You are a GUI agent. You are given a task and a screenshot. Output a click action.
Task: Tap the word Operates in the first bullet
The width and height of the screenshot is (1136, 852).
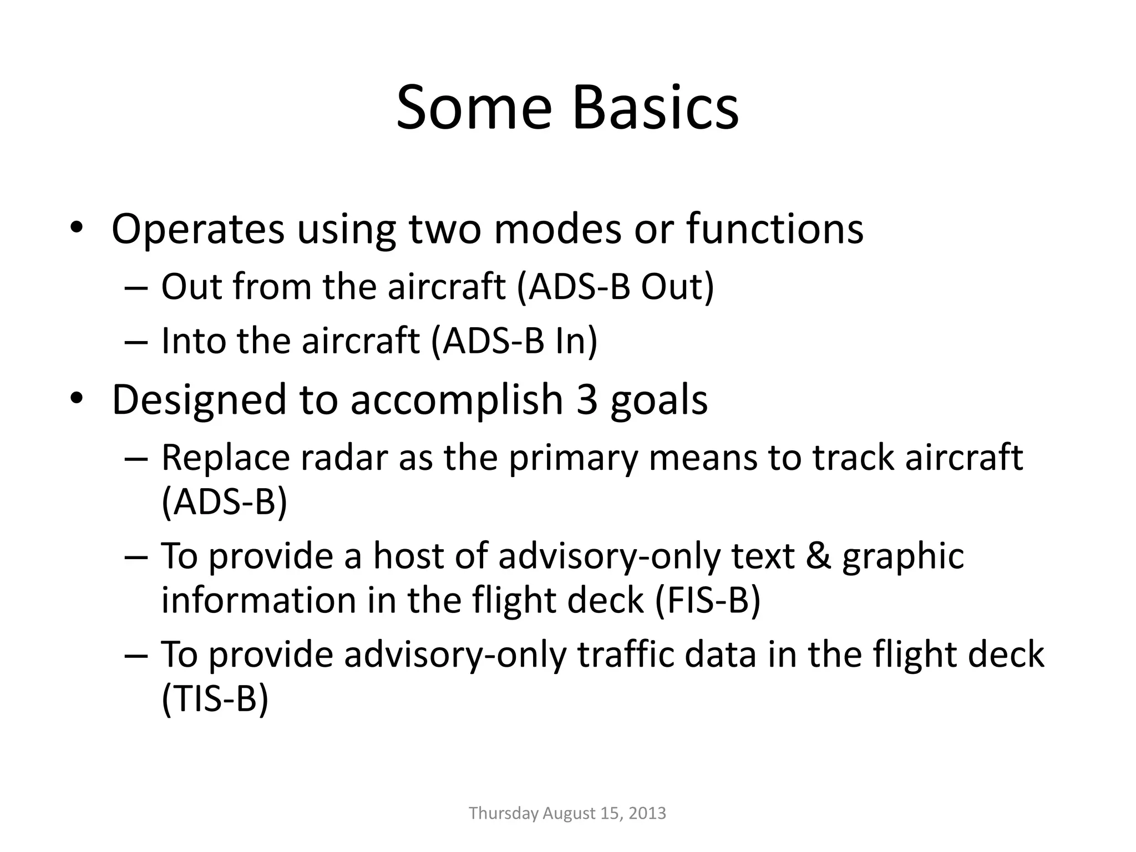(x=198, y=229)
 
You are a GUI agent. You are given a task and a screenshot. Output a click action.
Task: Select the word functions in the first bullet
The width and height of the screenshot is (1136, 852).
(x=775, y=229)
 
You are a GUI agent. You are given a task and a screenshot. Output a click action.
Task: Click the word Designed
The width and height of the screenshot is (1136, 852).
(x=199, y=399)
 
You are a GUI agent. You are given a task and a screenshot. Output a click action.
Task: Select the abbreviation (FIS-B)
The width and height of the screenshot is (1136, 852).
(x=707, y=600)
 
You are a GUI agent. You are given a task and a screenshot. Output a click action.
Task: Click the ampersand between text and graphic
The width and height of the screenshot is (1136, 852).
(x=818, y=556)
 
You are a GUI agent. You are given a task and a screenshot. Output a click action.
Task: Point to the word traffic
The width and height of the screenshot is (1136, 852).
(x=625, y=655)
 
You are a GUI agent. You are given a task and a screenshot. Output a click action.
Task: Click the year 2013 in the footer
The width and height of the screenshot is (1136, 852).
(x=648, y=813)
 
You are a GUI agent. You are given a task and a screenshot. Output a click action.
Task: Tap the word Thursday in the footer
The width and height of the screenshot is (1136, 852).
(x=504, y=813)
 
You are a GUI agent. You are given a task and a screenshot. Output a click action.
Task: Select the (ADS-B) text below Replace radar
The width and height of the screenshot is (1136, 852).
(x=225, y=502)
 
